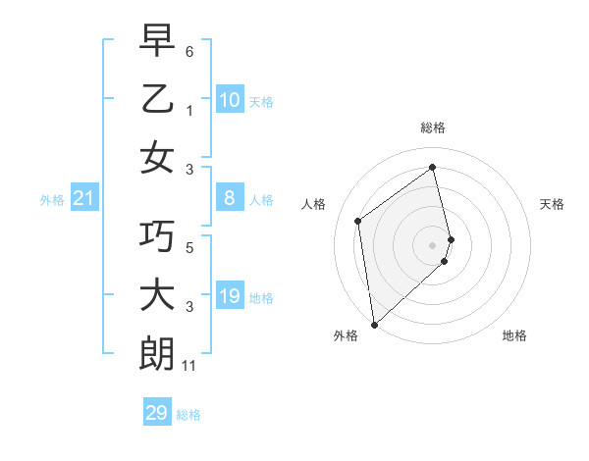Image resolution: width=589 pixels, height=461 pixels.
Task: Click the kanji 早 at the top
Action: coord(157,43)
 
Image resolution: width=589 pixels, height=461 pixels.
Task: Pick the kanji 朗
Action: coord(157,353)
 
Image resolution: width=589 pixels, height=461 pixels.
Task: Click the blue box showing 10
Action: coord(229,100)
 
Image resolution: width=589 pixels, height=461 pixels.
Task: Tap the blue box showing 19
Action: coord(229,296)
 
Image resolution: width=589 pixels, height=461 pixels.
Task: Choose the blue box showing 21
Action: coord(84,199)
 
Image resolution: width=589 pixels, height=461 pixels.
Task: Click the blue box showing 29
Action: coord(157,413)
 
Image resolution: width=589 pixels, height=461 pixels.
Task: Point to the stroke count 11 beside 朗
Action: coord(189,366)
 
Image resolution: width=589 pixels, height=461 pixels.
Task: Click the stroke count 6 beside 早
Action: coord(189,51)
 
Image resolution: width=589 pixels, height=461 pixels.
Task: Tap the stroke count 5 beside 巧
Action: coord(189,247)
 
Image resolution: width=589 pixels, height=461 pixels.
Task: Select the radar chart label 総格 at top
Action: coord(432,128)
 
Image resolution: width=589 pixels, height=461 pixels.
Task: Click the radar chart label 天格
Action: coord(552,204)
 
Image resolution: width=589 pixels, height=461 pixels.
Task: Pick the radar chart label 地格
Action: coord(514,335)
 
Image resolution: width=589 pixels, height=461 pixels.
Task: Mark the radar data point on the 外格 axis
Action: coord(374,323)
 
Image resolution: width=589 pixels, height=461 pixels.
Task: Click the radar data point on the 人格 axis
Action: coord(358,221)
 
